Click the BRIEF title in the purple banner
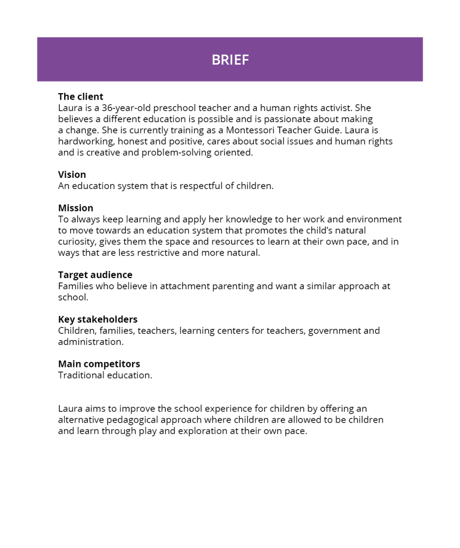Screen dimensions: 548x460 tap(230, 59)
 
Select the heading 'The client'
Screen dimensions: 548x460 tap(81, 96)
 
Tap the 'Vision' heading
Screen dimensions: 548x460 tap(72, 175)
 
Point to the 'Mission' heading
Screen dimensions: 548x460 tap(75, 208)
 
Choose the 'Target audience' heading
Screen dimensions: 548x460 tap(95, 275)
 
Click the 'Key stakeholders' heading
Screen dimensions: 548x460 tap(98, 319)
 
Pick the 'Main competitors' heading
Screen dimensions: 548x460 tap(99, 364)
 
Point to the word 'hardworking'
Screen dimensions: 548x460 tap(86, 141)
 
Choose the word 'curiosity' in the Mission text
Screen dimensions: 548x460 tap(77, 242)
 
